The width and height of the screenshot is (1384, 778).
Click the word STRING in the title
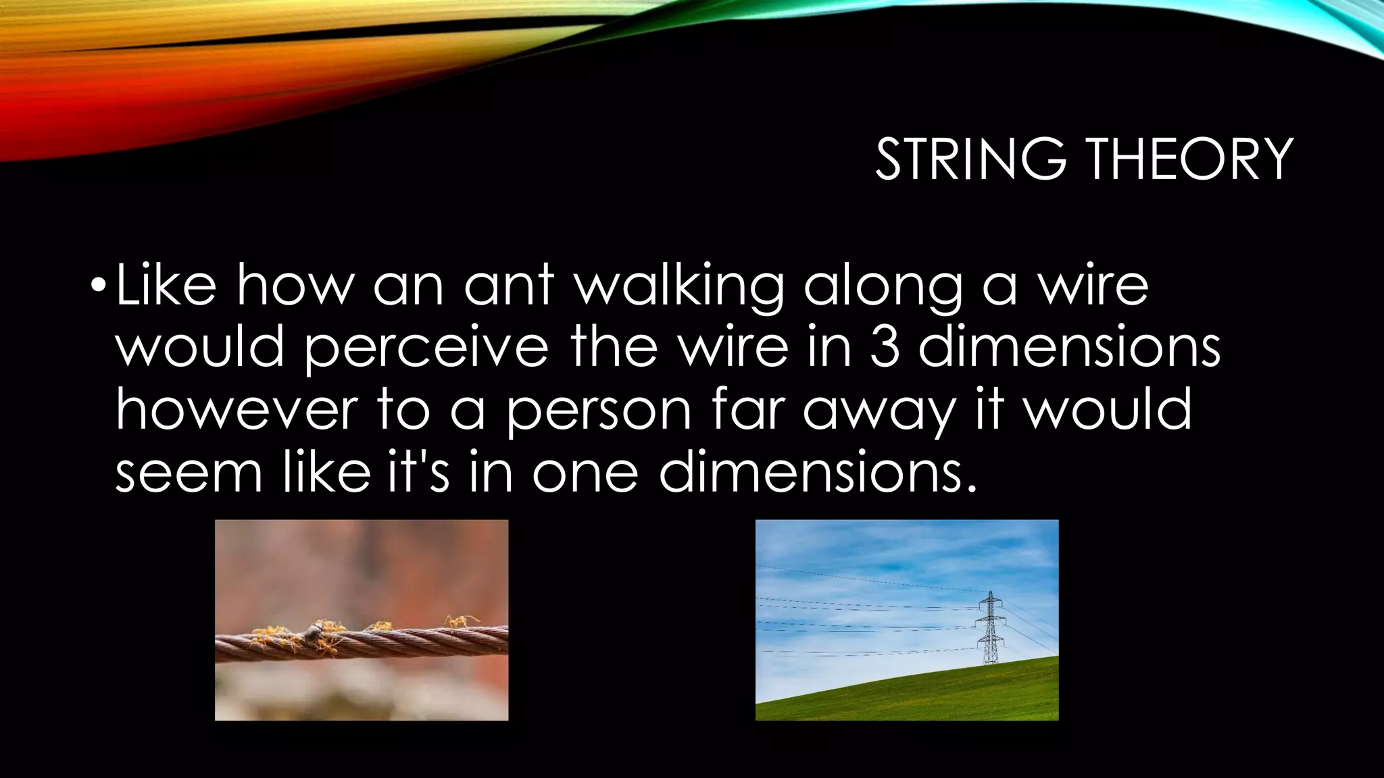pyautogui.click(x=970, y=159)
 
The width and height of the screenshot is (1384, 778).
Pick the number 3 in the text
pyautogui.click(x=885, y=347)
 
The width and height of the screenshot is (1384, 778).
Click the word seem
pyautogui.click(x=189, y=472)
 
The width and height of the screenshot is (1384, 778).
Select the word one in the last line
pyautogui.click(x=585, y=472)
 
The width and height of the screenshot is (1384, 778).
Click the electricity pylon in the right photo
pyautogui.click(x=990, y=628)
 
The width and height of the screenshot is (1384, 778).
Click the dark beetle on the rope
pyautogui.click(x=312, y=633)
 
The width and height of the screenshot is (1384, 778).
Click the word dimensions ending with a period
pyautogui.click(x=818, y=472)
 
